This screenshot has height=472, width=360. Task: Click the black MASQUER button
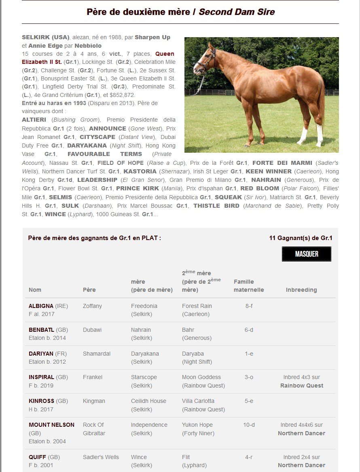[306, 254]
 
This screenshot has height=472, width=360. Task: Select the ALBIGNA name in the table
[41, 306]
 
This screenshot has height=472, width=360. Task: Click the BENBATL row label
[41, 330]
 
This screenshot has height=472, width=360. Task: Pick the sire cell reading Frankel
[93, 377]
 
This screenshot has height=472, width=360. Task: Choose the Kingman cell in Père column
[94, 401]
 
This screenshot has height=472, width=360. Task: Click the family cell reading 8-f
[249, 306]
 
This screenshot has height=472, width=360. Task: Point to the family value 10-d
[249, 425]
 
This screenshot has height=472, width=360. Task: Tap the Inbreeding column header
[301, 290]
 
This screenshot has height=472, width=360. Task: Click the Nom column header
[35, 290]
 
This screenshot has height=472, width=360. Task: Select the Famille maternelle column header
[249, 286]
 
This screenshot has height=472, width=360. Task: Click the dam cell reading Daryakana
[145, 354]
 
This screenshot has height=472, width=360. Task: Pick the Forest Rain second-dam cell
[197, 306]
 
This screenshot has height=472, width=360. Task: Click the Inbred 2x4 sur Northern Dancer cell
[301, 461]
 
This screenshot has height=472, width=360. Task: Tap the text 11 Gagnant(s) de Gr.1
[301, 238]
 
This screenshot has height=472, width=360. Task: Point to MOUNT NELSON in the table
[51, 425]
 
